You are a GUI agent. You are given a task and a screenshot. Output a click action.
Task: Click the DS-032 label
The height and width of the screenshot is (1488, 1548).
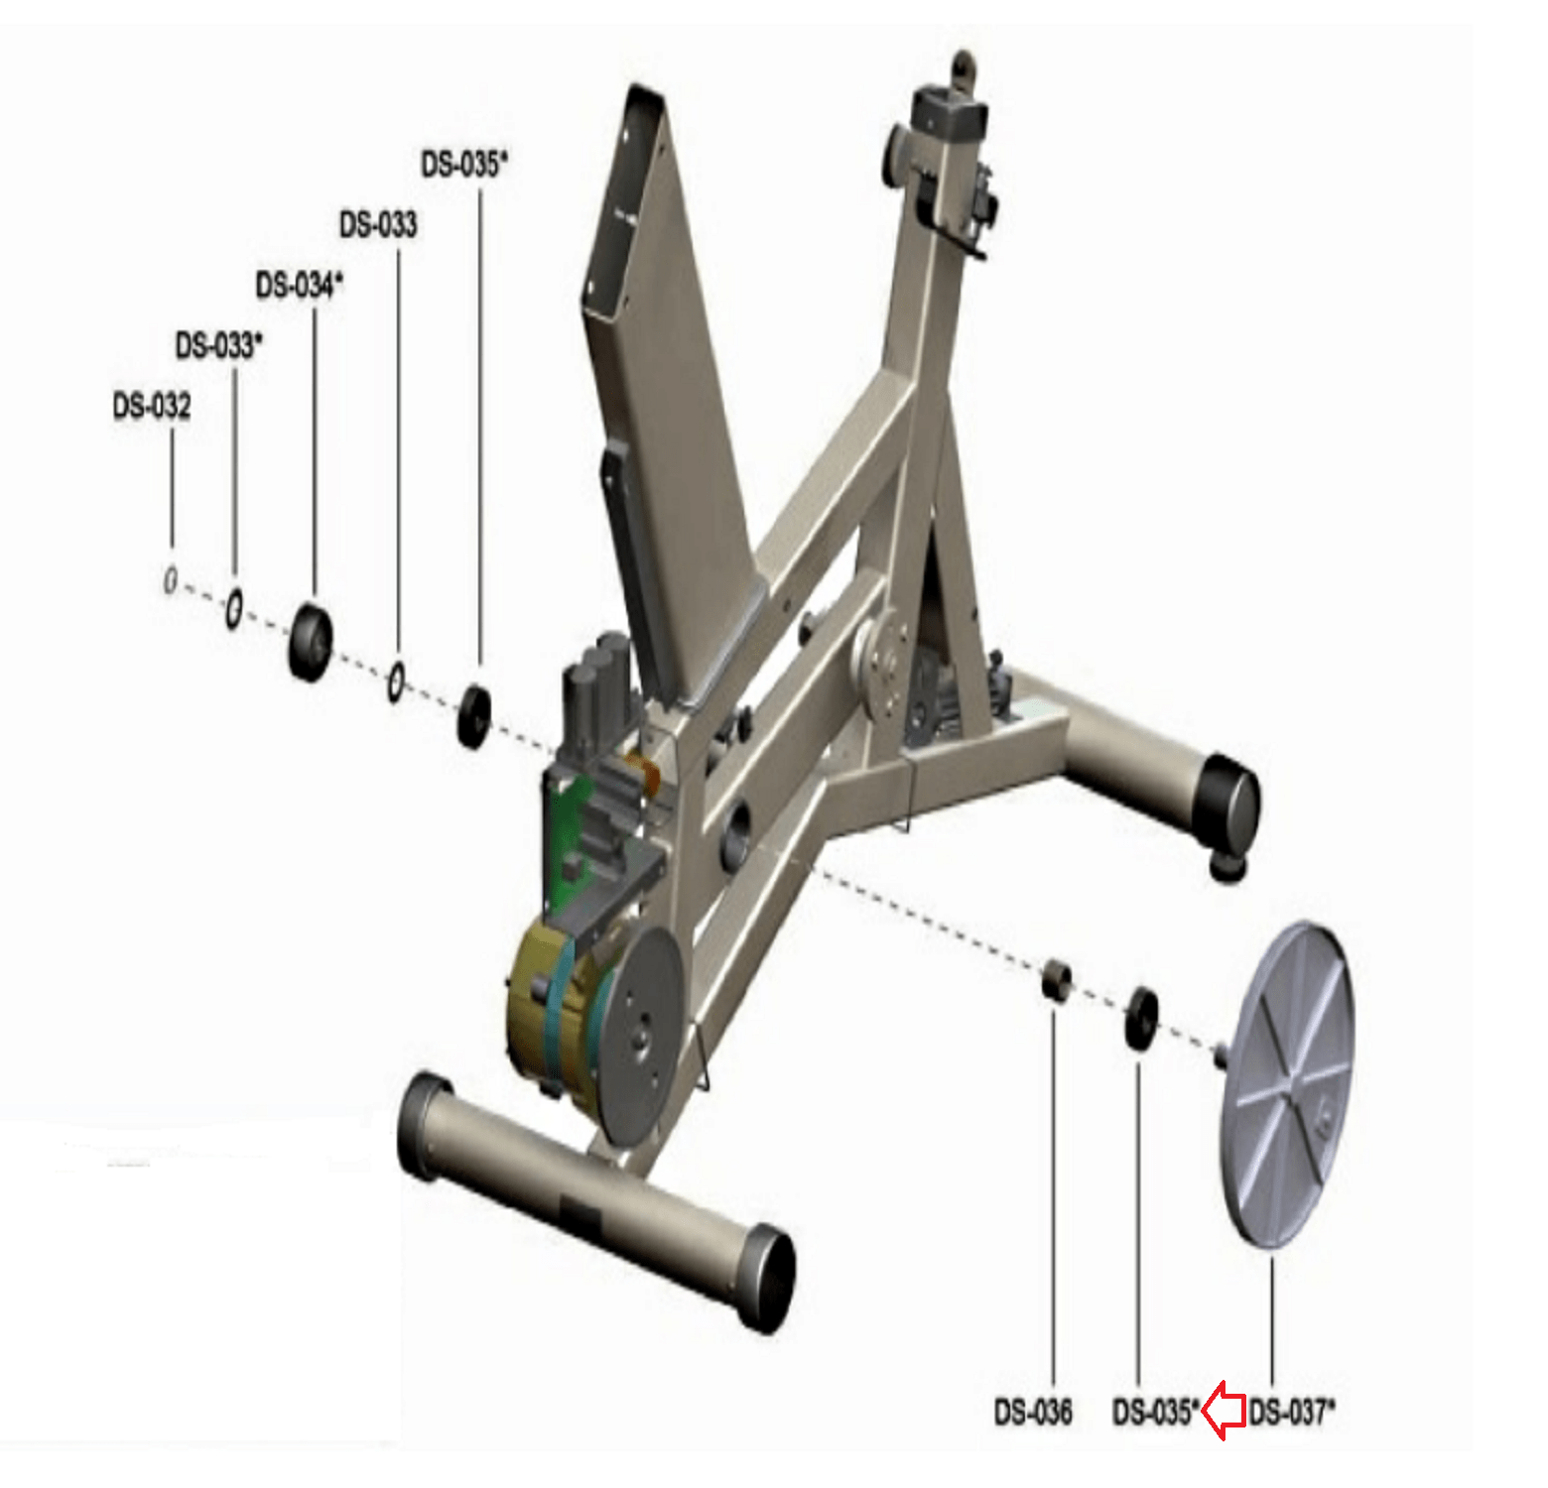pyautogui.click(x=152, y=406)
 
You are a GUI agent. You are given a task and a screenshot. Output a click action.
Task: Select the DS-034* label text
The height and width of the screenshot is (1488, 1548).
pyautogui.click(x=300, y=285)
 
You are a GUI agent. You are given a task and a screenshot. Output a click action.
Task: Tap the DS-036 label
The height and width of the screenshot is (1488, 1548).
pyautogui.click(x=1033, y=1412)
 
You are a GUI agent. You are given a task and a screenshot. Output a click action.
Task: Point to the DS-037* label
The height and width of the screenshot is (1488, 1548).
pyautogui.click(x=1292, y=1412)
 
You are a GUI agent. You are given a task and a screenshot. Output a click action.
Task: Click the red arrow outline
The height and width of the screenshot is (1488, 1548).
pyautogui.click(x=1225, y=1411)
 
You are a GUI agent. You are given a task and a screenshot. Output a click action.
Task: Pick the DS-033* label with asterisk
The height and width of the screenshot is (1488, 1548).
pyautogui.click(x=219, y=345)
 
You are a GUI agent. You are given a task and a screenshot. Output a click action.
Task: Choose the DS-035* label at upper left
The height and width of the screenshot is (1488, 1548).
pyautogui.click(x=464, y=164)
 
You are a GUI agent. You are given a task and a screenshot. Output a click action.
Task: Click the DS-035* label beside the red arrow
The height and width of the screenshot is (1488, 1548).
pyautogui.click(x=1156, y=1412)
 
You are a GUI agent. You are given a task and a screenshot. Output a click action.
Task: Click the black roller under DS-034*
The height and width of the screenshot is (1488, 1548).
pyautogui.click(x=311, y=641)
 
